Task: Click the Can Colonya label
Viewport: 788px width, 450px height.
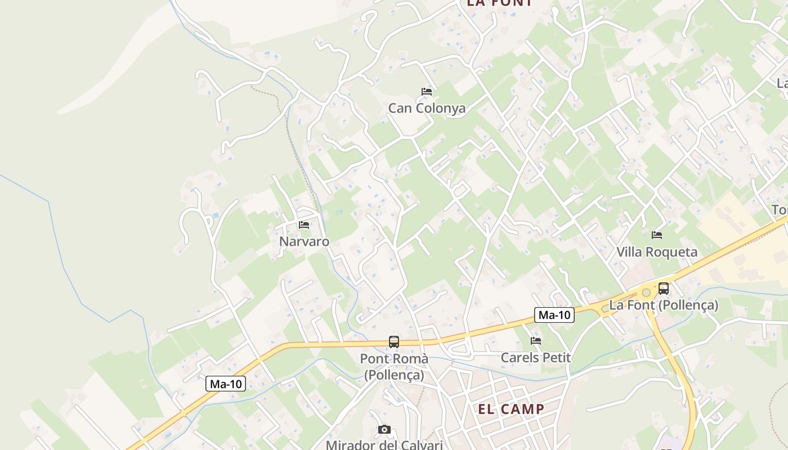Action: [427, 108]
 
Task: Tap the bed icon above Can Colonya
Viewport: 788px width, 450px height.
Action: [427, 91]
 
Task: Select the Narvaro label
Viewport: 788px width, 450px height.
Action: [304, 241]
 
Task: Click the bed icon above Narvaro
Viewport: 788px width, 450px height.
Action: [304, 225]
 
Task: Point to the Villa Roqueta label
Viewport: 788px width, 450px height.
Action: [657, 251]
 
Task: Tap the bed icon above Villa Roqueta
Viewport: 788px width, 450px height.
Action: [656, 235]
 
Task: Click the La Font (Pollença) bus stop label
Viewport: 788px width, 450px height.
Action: [664, 305]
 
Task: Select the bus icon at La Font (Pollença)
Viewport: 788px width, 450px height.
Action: [664, 289]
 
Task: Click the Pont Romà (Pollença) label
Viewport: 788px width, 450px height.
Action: [394, 366]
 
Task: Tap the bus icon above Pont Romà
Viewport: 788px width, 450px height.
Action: [394, 341]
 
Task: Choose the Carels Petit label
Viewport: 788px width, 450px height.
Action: [535, 357]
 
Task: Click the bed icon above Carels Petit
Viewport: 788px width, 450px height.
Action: [535, 340]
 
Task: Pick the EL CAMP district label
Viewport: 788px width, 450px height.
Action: [511, 409]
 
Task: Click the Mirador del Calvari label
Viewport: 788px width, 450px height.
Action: [384, 445]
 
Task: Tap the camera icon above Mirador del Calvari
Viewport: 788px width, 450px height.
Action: [384, 430]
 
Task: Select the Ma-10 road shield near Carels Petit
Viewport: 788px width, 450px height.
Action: [554, 315]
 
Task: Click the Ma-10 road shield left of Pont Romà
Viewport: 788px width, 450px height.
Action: [226, 384]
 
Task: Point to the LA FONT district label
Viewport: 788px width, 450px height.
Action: [499, 3]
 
